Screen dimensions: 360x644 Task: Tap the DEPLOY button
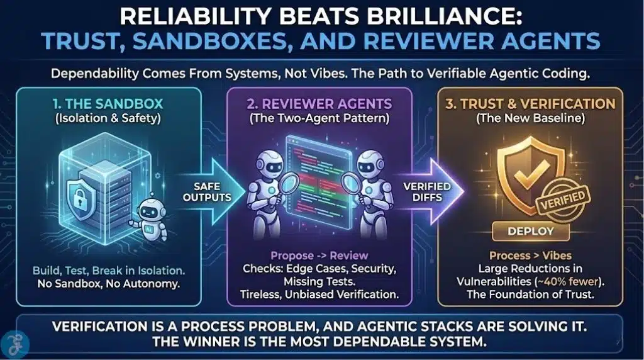pyautogui.click(x=532, y=231)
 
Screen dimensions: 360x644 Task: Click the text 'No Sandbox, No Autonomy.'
pyautogui.click(x=108, y=284)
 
